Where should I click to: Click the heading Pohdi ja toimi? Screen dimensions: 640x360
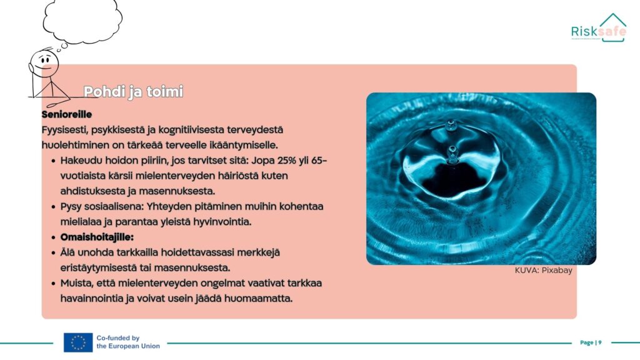[x=133, y=92]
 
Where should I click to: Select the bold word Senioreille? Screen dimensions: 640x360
[x=66, y=114]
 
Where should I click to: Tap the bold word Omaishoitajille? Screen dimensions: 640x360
[x=97, y=237]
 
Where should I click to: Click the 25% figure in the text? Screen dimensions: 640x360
[x=286, y=161]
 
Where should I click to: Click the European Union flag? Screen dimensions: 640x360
[x=78, y=342]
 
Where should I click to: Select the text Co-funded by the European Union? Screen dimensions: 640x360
[x=128, y=342]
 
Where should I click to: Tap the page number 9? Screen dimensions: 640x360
[x=600, y=342]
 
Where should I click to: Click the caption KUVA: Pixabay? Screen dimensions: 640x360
[x=543, y=270]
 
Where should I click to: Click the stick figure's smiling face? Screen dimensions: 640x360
[x=44, y=64]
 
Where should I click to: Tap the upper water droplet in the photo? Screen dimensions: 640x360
[x=451, y=125]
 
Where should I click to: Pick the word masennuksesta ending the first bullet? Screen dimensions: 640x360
[x=177, y=191]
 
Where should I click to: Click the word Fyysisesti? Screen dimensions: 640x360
[x=64, y=130]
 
